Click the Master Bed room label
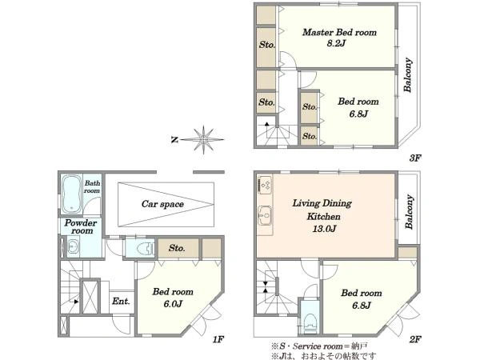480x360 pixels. (x=339, y=32)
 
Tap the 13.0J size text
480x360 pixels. (x=324, y=229)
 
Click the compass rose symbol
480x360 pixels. (x=202, y=139)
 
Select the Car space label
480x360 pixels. (x=162, y=204)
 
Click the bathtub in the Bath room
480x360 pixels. (x=72, y=194)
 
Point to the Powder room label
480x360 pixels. (x=81, y=227)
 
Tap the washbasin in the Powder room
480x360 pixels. (x=73, y=246)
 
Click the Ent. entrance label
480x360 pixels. (x=121, y=302)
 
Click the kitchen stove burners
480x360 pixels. (x=265, y=185)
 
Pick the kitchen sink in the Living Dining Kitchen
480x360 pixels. (x=265, y=215)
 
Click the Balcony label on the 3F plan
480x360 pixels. (x=407, y=75)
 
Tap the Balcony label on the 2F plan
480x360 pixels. (x=410, y=212)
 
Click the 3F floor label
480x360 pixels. (x=415, y=158)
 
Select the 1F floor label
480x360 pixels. (x=218, y=339)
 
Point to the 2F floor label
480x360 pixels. (x=415, y=339)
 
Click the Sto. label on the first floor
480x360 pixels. (x=177, y=248)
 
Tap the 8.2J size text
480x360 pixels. (x=336, y=43)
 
